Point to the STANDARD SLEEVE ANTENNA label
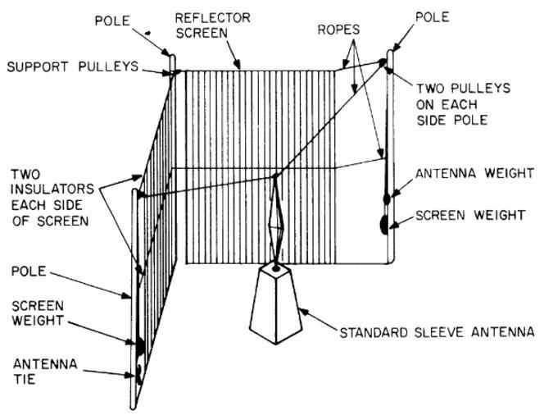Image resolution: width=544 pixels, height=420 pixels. (x=437, y=332)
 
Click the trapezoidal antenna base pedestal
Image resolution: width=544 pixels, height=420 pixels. (x=278, y=303)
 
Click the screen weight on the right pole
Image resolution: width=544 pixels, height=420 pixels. (x=383, y=222)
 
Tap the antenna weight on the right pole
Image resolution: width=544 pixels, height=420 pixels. (x=385, y=197)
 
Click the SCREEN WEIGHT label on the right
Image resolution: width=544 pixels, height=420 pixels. (x=469, y=215)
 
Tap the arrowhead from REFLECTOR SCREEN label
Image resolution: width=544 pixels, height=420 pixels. (x=240, y=66)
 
